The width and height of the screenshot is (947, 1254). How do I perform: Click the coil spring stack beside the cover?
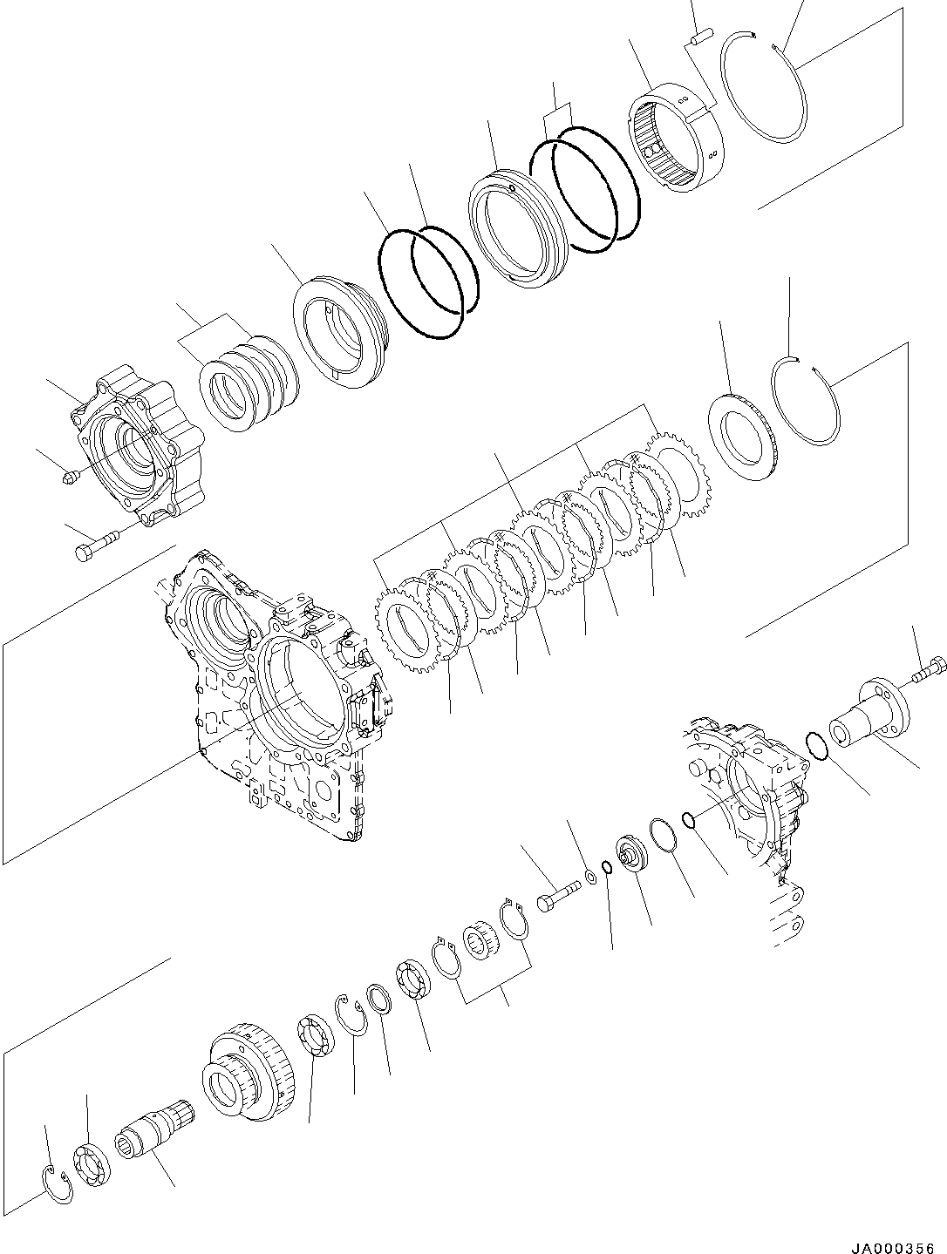point(249,381)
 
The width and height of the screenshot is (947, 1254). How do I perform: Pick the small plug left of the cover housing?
point(73,475)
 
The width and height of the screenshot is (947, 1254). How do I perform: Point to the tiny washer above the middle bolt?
point(591,876)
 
